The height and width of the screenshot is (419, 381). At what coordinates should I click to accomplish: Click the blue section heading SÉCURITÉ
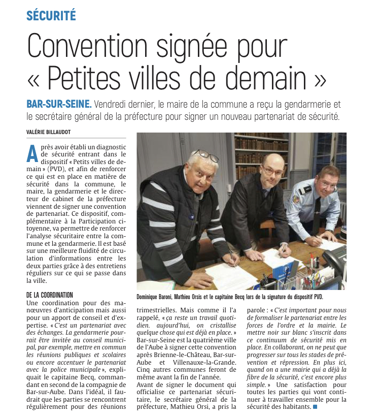tap(51, 15)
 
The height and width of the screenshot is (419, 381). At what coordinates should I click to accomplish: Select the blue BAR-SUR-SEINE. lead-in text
tap(59, 104)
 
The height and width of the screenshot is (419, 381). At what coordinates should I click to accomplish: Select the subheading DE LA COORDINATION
tap(50, 295)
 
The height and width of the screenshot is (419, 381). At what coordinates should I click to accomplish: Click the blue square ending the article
tap(316, 407)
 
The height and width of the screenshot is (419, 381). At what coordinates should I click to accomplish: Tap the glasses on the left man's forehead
tap(206, 155)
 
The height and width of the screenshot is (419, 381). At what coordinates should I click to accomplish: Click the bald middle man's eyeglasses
tap(272, 172)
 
